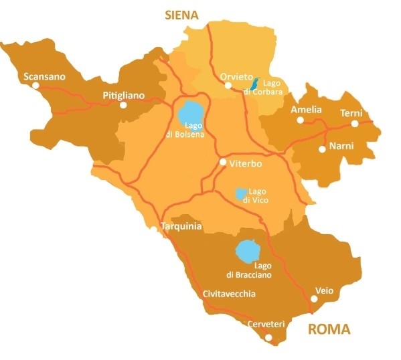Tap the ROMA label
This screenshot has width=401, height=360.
point(329,329)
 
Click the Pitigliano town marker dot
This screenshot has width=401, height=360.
point(123,105)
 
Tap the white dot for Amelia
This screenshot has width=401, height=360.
point(301,120)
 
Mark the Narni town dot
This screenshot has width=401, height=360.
point(322,149)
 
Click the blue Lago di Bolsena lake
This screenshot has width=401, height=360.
point(190,114)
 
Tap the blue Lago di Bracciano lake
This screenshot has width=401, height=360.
point(247,253)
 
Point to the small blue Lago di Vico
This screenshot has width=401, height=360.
point(240,193)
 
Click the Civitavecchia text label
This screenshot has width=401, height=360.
point(228,293)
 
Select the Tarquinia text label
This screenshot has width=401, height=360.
point(181,226)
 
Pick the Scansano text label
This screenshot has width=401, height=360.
point(44,76)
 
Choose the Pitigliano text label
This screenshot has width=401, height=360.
point(124,95)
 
